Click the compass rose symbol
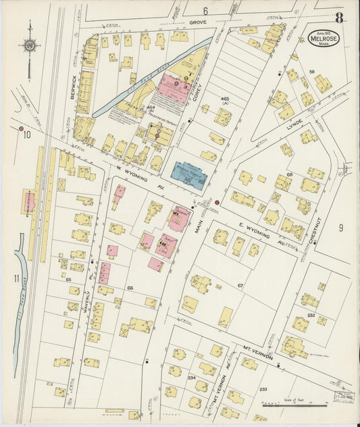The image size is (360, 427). (30, 46)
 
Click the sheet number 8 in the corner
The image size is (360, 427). (338, 18)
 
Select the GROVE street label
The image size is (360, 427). (197, 23)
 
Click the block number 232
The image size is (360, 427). (311, 316)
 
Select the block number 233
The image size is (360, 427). (263, 389)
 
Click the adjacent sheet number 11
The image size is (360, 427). (15, 278)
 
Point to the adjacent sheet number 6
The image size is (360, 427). (205, 11)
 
